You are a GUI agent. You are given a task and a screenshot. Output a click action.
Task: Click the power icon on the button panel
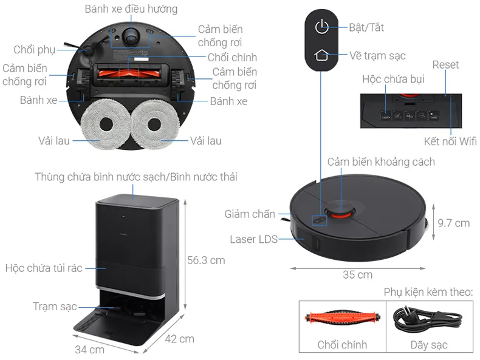pyautogui.click(x=321, y=27)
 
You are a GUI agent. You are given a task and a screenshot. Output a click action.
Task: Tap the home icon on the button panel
pyautogui.click(x=321, y=55)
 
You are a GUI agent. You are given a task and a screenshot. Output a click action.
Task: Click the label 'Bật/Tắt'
pyautogui.click(x=366, y=27)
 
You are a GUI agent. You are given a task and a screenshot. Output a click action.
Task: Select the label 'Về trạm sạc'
pyautogui.click(x=377, y=55)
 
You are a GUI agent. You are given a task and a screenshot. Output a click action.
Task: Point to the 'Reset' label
pyautogui.click(x=445, y=64)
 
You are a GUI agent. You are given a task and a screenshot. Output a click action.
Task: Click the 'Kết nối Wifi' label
pyautogui.click(x=450, y=141)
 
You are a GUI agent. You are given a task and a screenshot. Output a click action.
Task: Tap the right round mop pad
pyautogui.click(x=154, y=125)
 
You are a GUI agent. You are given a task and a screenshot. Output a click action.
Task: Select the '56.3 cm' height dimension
pyautogui.click(x=206, y=260)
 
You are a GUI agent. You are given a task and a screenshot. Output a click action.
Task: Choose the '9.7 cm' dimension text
pyautogui.click(x=454, y=223)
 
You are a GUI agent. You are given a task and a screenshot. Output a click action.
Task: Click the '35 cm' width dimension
pyautogui.click(x=357, y=274)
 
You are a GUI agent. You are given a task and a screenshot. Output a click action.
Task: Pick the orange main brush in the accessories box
pyautogui.click(x=342, y=318)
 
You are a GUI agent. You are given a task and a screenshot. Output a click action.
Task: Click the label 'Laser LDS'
pyautogui.click(x=253, y=239)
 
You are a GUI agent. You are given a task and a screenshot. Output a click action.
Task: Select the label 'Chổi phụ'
pyautogui.click(x=35, y=49)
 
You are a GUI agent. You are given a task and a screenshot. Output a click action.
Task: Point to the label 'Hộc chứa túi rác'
pyautogui.click(x=43, y=268)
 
